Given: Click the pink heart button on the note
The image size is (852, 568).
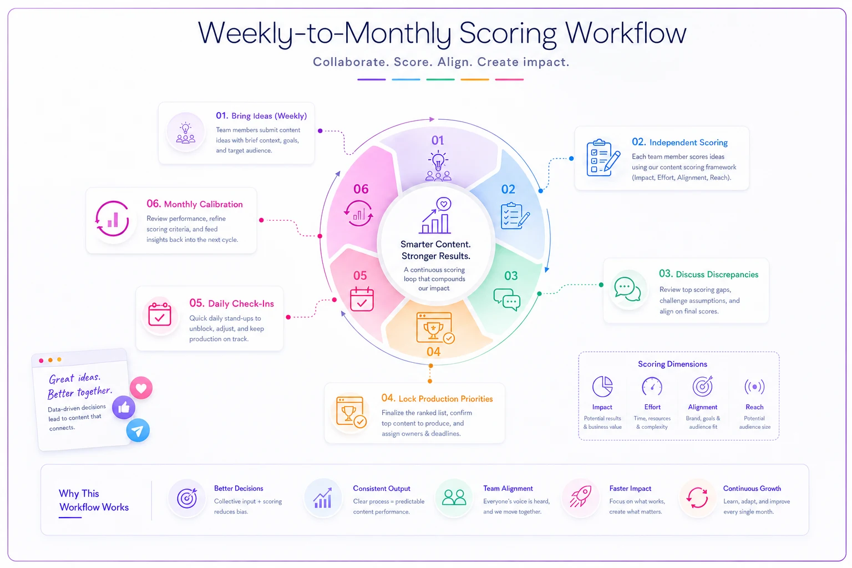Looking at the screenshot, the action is point(141,388).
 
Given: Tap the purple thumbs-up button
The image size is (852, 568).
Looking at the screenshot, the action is point(124,408).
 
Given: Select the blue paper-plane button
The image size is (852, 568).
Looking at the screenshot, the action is point(138,430).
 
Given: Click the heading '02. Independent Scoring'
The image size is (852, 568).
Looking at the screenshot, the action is point(679,143).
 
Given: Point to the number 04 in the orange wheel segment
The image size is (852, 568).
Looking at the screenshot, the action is point(434,352).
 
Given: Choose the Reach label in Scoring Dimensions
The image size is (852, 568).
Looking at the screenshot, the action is point(754,407).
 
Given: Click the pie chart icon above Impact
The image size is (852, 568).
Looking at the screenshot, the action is point(602,386).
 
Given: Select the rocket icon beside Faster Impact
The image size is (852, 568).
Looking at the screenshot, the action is point(580,496).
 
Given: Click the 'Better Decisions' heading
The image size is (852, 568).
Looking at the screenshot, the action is point(239,488).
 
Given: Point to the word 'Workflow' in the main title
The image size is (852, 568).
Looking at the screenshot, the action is point(626,33).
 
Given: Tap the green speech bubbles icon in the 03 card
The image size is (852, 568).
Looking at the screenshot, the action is point(627,290).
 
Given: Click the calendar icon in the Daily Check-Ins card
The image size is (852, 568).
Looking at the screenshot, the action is point(160,315).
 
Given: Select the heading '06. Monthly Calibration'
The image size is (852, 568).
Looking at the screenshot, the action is point(195,204).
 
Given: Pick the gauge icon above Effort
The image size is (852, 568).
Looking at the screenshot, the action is point(652,387).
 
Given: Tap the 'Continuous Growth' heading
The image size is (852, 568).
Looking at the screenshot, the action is point(752,488).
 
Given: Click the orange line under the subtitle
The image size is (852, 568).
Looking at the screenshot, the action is point(475,79).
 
